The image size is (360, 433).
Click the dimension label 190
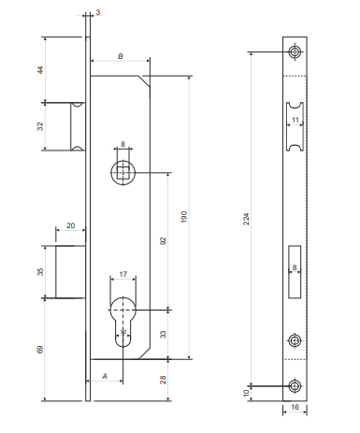click(x=184, y=217)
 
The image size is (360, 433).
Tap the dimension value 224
click(x=246, y=219)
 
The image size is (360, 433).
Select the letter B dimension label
click(x=121, y=56)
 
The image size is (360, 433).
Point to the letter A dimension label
click(x=105, y=376)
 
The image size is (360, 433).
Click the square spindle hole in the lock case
click(x=123, y=172)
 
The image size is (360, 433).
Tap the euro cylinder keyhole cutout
click(x=123, y=322)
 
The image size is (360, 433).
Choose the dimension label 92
click(x=163, y=240)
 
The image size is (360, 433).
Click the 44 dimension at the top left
click(x=40, y=70)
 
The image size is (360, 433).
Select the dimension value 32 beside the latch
click(x=40, y=126)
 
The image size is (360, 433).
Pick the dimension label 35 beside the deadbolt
click(x=40, y=271)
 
